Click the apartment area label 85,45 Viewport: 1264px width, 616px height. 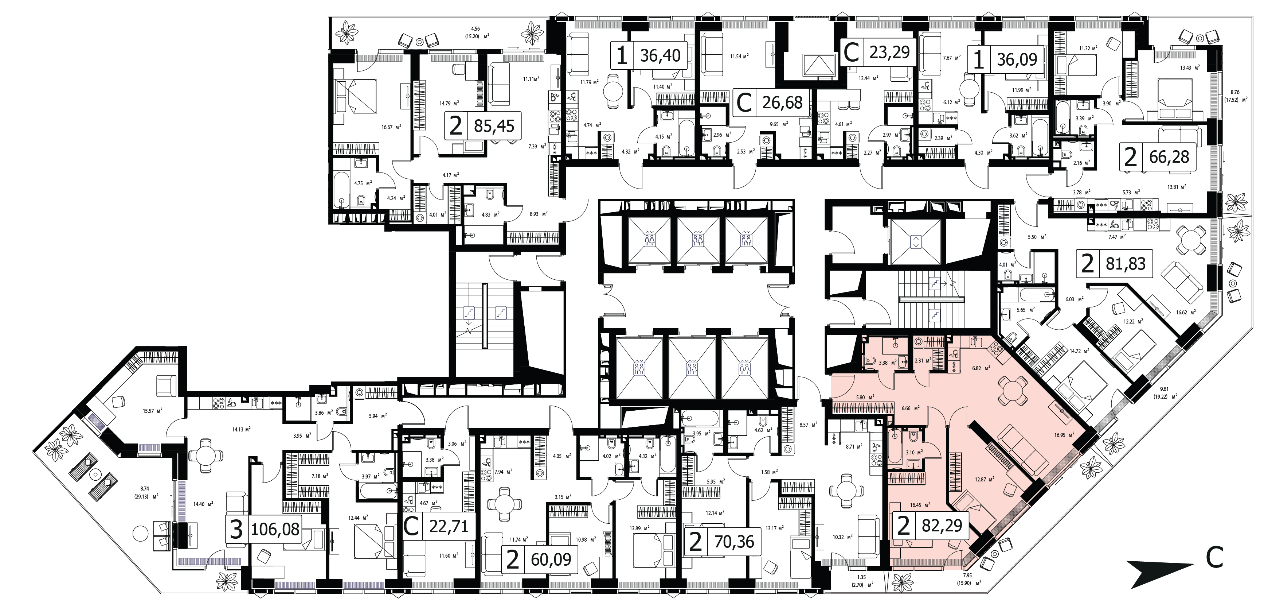(x=494, y=126)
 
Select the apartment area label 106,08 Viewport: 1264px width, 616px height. (x=275, y=530)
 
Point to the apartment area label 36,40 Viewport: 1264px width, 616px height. (x=661, y=55)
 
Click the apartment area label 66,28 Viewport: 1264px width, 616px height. (x=1169, y=157)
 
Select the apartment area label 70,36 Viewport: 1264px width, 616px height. (x=734, y=542)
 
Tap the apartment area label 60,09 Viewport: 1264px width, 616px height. (x=551, y=559)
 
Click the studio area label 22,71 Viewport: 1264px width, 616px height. (x=448, y=527)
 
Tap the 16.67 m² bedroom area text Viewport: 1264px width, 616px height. (x=392, y=126)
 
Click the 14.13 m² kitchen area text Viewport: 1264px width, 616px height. (x=242, y=428)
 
